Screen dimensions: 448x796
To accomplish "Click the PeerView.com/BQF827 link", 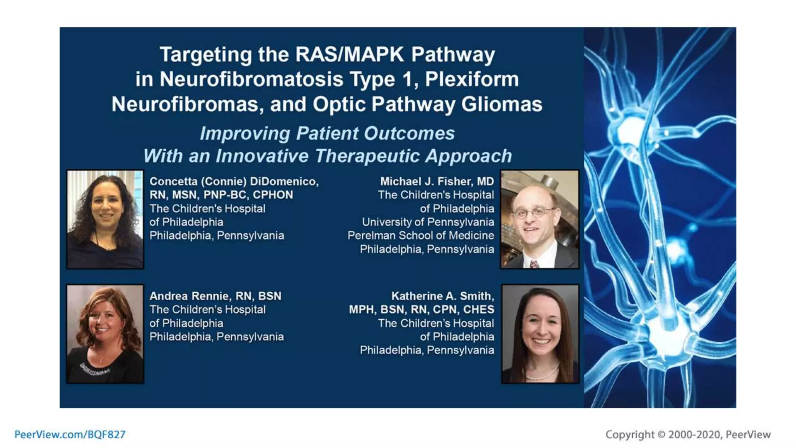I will [x=70, y=434].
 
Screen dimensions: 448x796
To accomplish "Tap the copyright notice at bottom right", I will [x=688, y=434].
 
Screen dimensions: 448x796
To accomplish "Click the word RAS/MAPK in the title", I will [x=349, y=54].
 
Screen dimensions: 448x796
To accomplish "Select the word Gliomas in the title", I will [x=501, y=104].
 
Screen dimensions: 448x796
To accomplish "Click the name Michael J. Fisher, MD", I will [x=437, y=181].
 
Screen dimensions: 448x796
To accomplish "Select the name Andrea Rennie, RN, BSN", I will [x=215, y=296].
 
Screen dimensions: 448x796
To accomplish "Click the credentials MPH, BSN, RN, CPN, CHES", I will [x=421, y=310].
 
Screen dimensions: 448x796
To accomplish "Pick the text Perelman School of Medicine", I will [x=421, y=235].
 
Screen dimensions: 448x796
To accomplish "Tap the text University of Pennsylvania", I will [x=428, y=222].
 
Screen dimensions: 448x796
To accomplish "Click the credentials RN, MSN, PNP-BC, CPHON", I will [x=221, y=195].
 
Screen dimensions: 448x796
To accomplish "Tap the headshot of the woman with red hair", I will [x=105, y=334].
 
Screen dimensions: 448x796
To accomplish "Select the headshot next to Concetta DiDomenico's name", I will [x=105, y=219].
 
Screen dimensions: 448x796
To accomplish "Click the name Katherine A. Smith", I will [x=442, y=296].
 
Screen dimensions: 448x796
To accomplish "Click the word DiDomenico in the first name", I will [x=284, y=181].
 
